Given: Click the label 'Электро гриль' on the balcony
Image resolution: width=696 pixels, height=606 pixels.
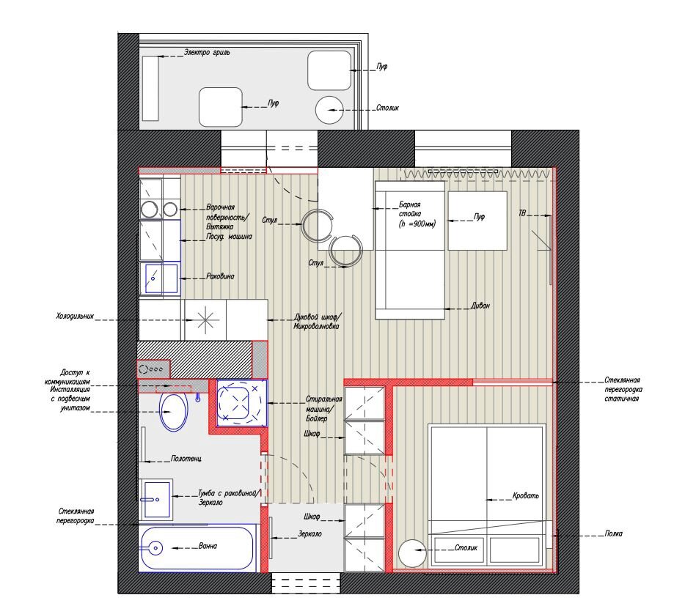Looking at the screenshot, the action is pyautogui.click(x=208, y=52).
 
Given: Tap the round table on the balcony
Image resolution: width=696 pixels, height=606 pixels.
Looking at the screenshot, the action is pyautogui.click(x=329, y=110).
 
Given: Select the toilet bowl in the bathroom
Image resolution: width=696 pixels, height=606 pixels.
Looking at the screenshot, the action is pyautogui.click(x=173, y=412).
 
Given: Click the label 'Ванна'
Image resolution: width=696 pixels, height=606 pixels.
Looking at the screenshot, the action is pyautogui.click(x=208, y=546).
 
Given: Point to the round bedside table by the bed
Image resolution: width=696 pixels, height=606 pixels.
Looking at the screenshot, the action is pyautogui.click(x=412, y=553).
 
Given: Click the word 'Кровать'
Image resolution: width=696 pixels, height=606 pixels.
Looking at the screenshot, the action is pyautogui.click(x=526, y=495).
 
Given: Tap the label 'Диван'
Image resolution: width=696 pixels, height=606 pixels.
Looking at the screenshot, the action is pyautogui.click(x=480, y=306).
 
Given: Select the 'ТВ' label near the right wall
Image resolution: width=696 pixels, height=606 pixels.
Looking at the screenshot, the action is pyautogui.click(x=522, y=213).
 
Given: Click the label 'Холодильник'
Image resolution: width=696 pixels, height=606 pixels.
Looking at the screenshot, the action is pyautogui.click(x=75, y=317).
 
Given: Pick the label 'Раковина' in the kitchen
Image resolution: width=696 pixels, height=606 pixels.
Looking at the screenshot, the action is pyautogui.click(x=220, y=276).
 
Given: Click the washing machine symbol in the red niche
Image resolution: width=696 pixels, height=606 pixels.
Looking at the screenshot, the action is pyautogui.click(x=241, y=403).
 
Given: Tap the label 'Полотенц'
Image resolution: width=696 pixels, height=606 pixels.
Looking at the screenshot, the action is pyautogui.click(x=186, y=458).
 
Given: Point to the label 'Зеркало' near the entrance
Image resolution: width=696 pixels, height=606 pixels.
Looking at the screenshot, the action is pyautogui.click(x=309, y=533).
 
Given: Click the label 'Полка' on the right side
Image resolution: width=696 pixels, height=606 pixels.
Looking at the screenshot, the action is pyautogui.click(x=613, y=533).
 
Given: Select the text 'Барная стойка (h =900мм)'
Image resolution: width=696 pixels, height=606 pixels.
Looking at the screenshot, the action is pyautogui.click(x=417, y=214).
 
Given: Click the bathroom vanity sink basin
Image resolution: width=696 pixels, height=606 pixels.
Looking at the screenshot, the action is pyautogui.click(x=157, y=499).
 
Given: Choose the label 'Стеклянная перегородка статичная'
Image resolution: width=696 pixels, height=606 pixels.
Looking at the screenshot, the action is pyautogui.click(x=623, y=389).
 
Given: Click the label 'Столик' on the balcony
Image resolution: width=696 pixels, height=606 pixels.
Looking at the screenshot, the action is pyautogui.click(x=387, y=108).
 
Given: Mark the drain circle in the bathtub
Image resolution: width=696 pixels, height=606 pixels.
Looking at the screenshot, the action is pyautogui.click(x=155, y=548).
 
